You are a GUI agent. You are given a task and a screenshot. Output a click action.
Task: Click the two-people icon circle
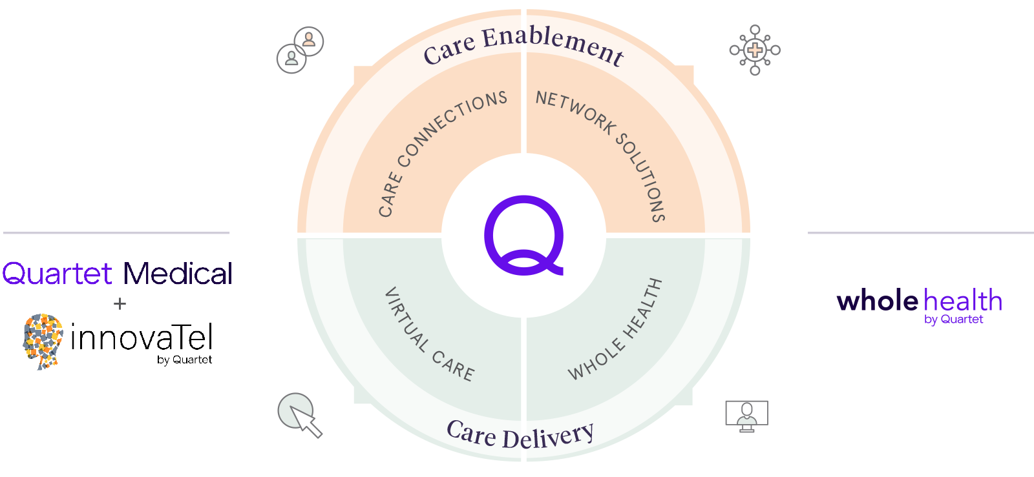point(300,50)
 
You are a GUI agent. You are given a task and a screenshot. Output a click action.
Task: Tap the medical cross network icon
point(754,50)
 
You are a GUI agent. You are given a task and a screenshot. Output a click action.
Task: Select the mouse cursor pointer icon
point(300,415)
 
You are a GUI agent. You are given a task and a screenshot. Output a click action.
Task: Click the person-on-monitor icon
point(746,415)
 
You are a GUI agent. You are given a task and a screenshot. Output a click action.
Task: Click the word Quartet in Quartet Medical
point(58,274)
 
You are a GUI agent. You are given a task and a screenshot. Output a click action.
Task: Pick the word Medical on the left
point(177,274)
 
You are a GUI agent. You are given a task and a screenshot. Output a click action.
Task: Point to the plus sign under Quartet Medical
point(120,303)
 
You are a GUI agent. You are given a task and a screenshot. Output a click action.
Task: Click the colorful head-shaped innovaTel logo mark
point(43,340)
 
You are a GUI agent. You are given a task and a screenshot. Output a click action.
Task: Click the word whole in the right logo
point(877,301)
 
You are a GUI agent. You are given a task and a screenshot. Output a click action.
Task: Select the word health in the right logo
point(963,301)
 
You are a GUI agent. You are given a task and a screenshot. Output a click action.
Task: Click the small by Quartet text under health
point(953,320)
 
